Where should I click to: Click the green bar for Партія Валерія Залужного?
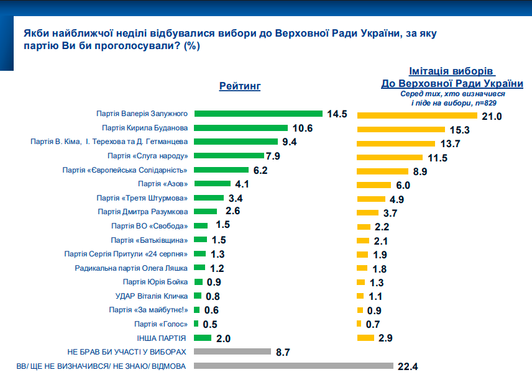(x=258, y=114)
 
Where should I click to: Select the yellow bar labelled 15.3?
(x=400, y=130)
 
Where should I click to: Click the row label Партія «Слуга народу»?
(x=147, y=155)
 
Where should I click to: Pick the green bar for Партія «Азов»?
(x=213, y=183)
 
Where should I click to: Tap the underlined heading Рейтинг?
(x=239, y=86)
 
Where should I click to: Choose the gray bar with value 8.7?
(x=232, y=352)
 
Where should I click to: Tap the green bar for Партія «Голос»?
(x=196, y=323)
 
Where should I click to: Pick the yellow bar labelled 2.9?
(x=365, y=337)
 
